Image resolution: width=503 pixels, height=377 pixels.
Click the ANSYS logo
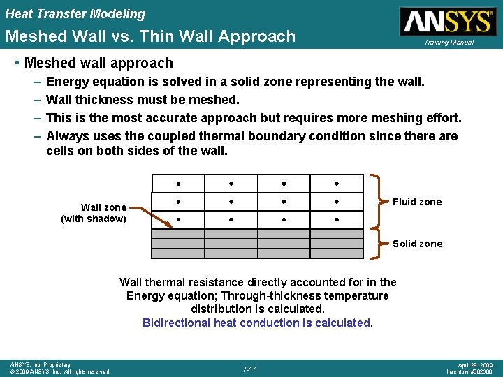pyautogui.click(x=447, y=21)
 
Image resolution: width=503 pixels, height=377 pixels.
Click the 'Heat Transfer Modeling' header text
pyautogui.click(x=75, y=14)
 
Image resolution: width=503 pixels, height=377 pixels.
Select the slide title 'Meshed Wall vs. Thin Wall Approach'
pyautogui.click(x=150, y=36)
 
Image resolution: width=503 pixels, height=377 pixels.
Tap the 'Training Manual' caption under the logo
pyautogui.click(x=449, y=43)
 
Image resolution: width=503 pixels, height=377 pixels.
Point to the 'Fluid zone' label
pyautogui.click(x=417, y=202)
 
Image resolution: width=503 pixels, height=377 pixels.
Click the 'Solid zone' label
pyautogui.click(x=417, y=244)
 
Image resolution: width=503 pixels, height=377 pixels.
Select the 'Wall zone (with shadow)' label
pyautogui.click(x=94, y=213)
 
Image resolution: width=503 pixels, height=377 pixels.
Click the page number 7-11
pyautogui.click(x=251, y=369)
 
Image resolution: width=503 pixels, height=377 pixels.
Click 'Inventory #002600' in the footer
pyautogui.click(x=471, y=371)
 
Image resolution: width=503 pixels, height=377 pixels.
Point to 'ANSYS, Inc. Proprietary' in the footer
pyautogui.click(x=41, y=364)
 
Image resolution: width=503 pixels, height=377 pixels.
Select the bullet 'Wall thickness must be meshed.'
pyautogui.click(x=143, y=100)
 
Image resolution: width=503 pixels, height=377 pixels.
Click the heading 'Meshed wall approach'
pyautogui.click(x=99, y=64)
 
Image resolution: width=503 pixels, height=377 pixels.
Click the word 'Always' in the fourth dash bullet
pyautogui.click(x=67, y=136)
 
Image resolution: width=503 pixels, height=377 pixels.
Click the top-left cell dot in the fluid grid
pyautogui.click(x=179, y=184)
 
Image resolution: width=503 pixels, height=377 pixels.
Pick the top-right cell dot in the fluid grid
pyautogui.click(x=337, y=184)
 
